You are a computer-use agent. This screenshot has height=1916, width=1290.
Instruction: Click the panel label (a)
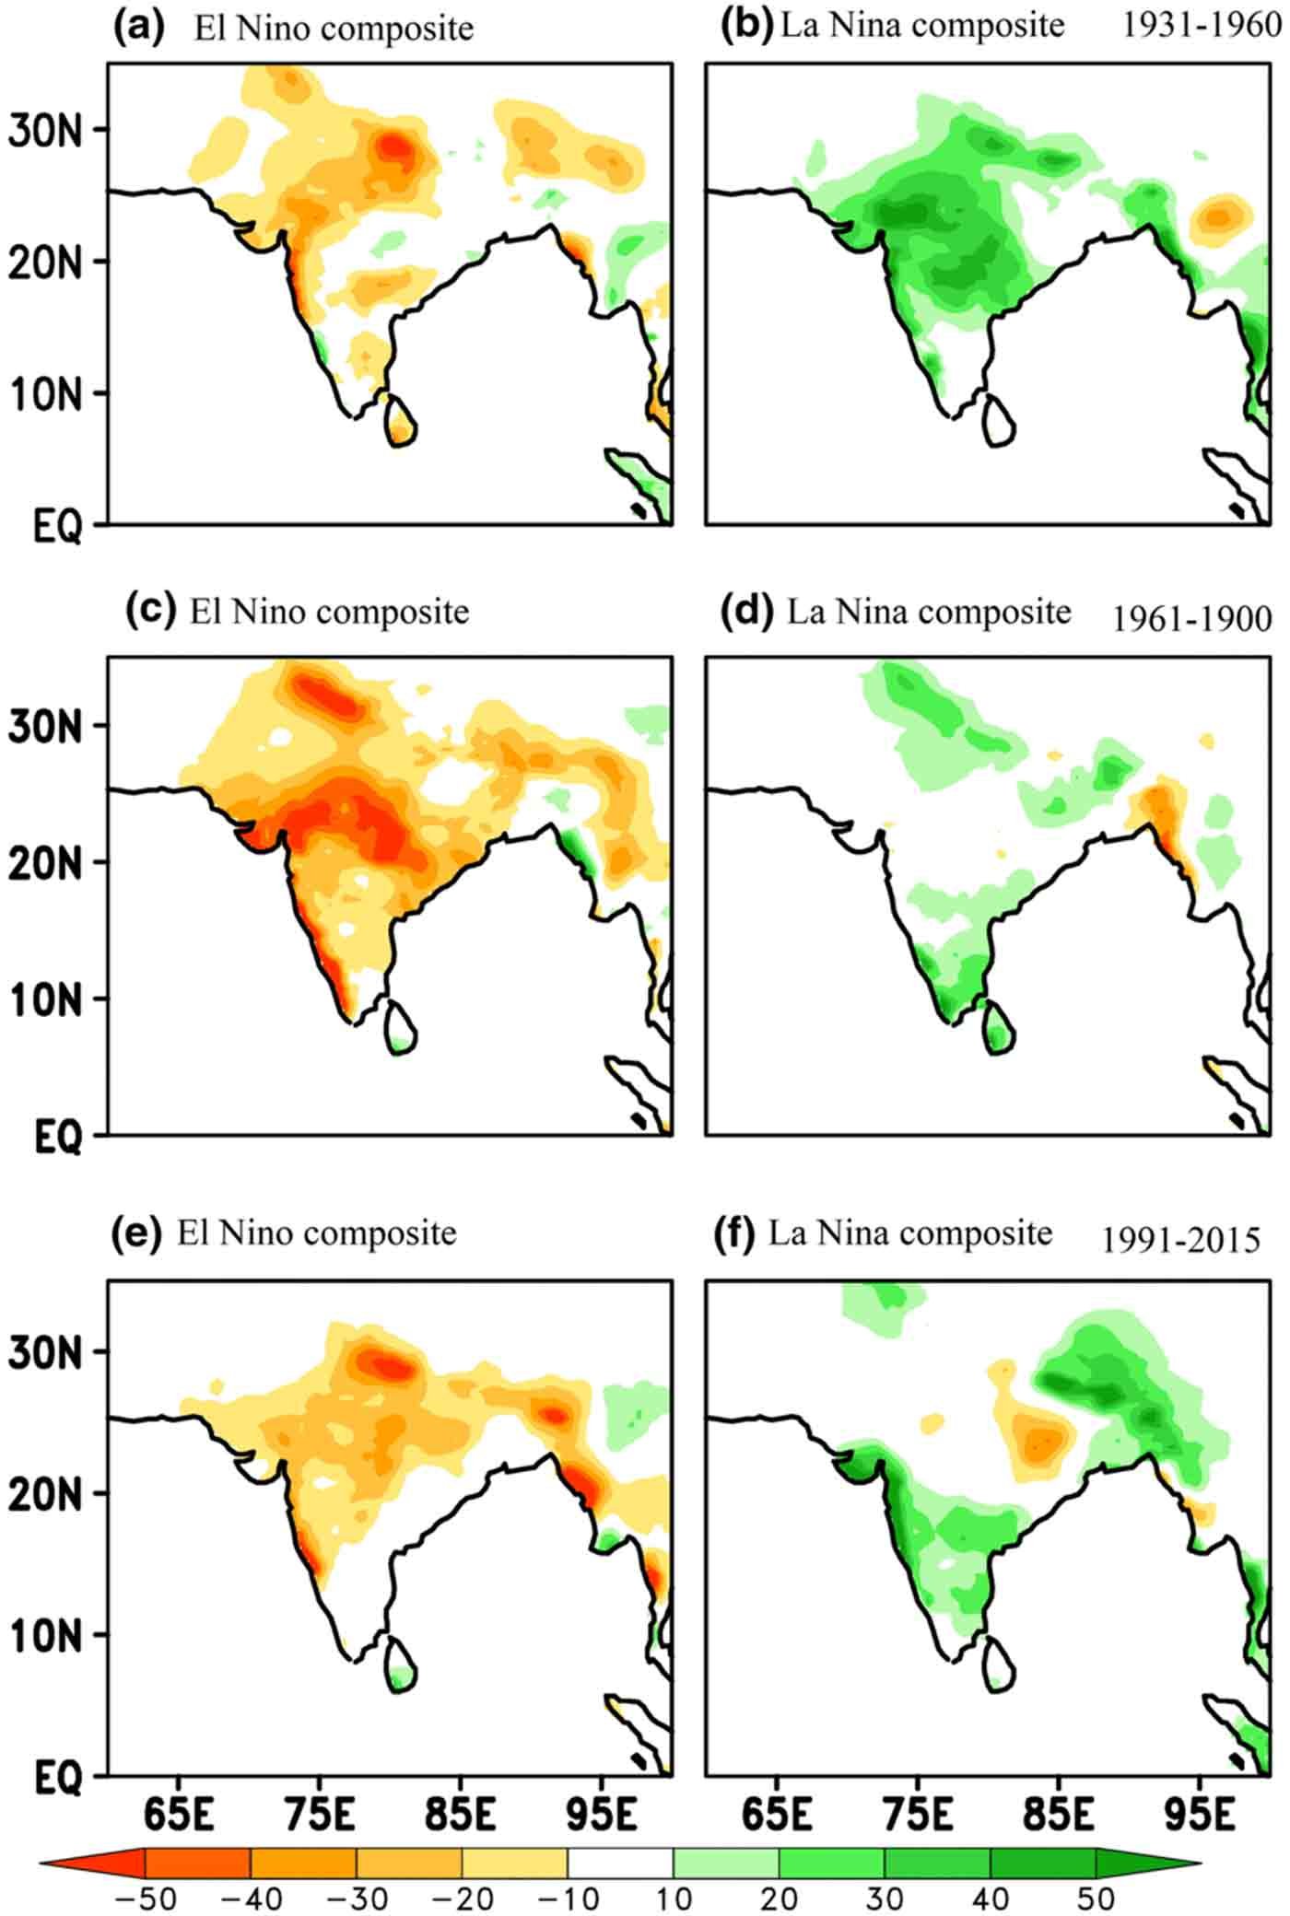[x=138, y=28]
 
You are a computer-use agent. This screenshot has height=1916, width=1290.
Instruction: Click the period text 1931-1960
[x=1201, y=26]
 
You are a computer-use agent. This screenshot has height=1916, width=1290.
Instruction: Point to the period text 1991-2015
[x=1181, y=1241]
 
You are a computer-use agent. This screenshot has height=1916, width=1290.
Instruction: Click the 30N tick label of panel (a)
[x=45, y=130]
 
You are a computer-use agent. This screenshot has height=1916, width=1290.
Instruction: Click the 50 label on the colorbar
[x=1096, y=1898]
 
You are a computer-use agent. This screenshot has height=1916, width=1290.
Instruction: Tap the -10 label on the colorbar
[x=568, y=1898]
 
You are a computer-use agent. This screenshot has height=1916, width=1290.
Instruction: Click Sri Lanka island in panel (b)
[x=999, y=421]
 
